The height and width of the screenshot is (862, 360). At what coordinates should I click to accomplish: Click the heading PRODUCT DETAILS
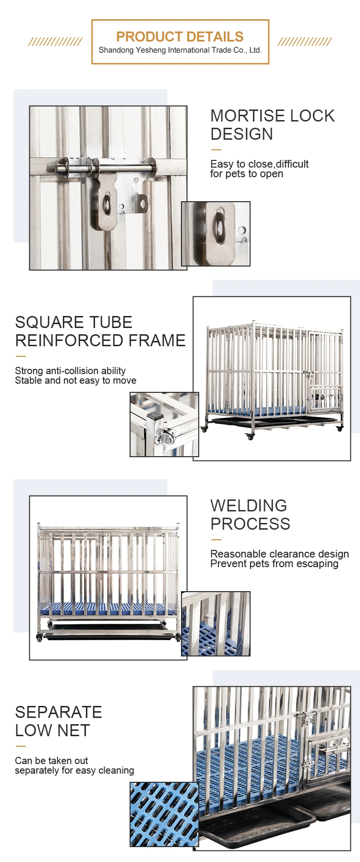[x=180, y=36]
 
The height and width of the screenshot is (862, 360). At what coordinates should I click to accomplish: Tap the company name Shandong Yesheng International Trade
[x=180, y=50]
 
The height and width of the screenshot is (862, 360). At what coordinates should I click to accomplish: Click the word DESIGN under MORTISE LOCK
[x=241, y=134]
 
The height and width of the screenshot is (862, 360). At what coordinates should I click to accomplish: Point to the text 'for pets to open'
[x=247, y=174]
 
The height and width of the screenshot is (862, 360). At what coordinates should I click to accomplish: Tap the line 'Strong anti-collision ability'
[x=70, y=371]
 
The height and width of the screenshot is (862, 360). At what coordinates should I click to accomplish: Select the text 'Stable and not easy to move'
[x=75, y=380]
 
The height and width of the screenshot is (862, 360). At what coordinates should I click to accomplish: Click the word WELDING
[x=249, y=506]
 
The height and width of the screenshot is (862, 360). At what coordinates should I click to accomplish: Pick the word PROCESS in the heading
[x=250, y=524]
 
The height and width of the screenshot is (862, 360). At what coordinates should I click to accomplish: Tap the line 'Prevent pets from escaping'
[x=274, y=564]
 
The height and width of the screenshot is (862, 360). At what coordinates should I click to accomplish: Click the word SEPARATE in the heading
[x=59, y=712]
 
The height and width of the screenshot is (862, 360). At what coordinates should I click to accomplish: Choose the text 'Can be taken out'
[x=51, y=761]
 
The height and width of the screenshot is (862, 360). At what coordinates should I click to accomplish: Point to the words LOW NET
[x=52, y=730]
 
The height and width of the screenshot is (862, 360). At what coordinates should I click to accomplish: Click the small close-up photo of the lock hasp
[x=216, y=234]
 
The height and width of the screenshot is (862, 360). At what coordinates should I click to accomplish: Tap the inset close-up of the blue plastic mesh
[x=164, y=814]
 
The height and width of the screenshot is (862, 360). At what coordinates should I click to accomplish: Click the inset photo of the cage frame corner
[x=164, y=425]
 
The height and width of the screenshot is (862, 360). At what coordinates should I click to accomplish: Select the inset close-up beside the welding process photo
[x=216, y=624]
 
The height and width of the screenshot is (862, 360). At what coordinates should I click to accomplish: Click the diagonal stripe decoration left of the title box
[x=55, y=42]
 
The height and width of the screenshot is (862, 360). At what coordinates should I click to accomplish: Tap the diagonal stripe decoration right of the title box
[x=304, y=42]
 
